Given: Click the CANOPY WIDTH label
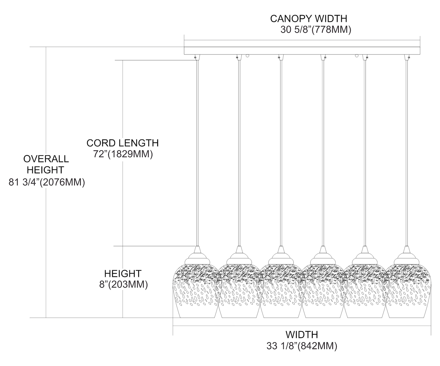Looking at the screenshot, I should pyautogui.click(x=308, y=18).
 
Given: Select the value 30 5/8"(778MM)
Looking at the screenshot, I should pyautogui.click(x=316, y=30).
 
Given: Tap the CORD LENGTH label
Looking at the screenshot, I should pyautogui.click(x=122, y=143).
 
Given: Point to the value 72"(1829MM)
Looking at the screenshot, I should pyautogui.click(x=123, y=154).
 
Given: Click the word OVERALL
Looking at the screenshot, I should pyautogui.click(x=46, y=159).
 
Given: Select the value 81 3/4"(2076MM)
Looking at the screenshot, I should pyautogui.click(x=47, y=182).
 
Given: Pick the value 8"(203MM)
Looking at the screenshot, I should pyautogui.click(x=123, y=284).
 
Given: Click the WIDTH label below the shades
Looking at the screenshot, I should pyautogui.click(x=302, y=334).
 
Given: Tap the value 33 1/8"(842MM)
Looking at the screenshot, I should pyautogui.click(x=302, y=346).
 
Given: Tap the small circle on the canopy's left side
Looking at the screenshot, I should pyautogui.click(x=248, y=55).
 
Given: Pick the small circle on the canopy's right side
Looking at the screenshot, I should pyautogui.click(x=357, y=55).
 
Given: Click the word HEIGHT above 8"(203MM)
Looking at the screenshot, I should pyautogui.click(x=123, y=274).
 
